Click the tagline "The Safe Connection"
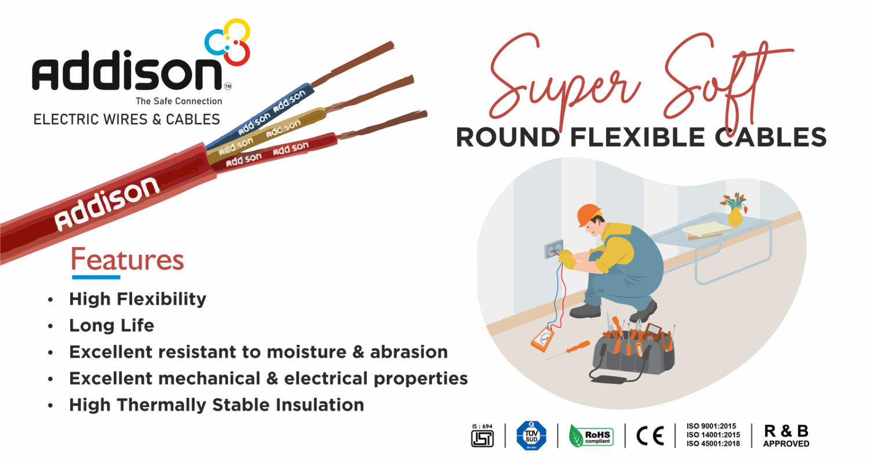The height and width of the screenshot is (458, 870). pyautogui.click(x=179, y=101)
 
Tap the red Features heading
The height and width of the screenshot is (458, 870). pyautogui.click(x=128, y=259)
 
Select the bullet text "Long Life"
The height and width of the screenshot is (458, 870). pyautogui.click(x=111, y=325)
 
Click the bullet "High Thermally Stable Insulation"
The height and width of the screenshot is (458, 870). pyautogui.click(x=217, y=405)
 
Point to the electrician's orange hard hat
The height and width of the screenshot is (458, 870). pyautogui.click(x=589, y=215)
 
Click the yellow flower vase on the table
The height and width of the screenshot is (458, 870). pyautogui.click(x=734, y=217)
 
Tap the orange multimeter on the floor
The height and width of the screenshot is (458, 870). pyautogui.click(x=542, y=339)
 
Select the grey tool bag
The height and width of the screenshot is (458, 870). pyautogui.click(x=634, y=352)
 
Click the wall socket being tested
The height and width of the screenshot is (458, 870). pyautogui.click(x=554, y=249)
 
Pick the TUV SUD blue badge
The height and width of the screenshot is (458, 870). pyautogui.click(x=531, y=435)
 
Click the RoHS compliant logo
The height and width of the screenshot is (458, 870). pyautogui.click(x=591, y=436)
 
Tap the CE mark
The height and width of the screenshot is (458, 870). pyautogui.click(x=650, y=436)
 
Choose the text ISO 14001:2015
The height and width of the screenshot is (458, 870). pyautogui.click(x=713, y=435)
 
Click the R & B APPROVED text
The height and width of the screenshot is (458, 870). pyautogui.click(x=786, y=435)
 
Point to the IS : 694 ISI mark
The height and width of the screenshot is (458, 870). pyautogui.click(x=483, y=435)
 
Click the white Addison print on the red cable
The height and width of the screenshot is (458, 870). pyautogui.click(x=107, y=203)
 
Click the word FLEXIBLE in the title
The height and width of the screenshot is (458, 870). pyautogui.click(x=637, y=137)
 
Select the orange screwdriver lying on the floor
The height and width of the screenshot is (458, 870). pyautogui.click(x=571, y=350)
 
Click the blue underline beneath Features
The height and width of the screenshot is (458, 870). pyautogui.click(x=96, y=277)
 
